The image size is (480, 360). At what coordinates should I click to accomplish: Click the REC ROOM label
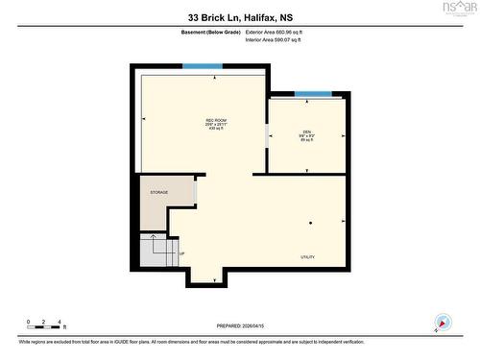point(202,119)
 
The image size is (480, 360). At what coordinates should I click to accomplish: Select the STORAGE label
point(158,193)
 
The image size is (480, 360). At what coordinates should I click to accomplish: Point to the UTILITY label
point(308,257)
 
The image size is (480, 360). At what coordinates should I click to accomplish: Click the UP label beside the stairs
point(182,253)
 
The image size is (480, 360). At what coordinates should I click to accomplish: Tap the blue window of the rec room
point(202,65)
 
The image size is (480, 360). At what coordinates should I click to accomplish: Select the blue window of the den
point(313,94)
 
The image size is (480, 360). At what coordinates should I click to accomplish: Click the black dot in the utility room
point(310,223)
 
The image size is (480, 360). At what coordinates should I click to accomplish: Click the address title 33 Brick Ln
point(239,16)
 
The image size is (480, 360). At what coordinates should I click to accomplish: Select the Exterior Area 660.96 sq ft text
point(280,33)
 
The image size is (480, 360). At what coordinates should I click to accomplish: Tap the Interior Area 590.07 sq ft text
point(280,40)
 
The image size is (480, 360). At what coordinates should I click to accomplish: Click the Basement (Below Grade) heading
point(210,33)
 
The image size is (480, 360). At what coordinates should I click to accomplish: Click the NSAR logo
point(458,9)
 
